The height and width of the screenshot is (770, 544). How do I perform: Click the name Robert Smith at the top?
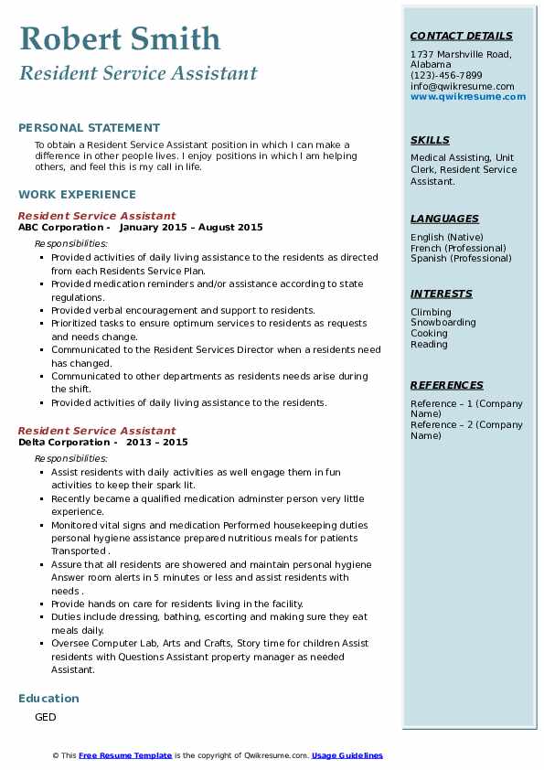click(120, 38)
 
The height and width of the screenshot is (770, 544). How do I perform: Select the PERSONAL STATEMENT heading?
click(89, 128)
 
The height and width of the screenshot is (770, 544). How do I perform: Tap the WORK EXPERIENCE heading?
click(77, 195)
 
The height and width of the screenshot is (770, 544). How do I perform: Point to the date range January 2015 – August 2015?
click(190, 228)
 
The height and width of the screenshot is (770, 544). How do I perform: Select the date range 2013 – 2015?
click(156, 442)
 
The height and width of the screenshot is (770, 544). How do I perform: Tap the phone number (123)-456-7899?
click(446, 76)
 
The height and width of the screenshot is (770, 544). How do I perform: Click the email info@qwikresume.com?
click(463, 86)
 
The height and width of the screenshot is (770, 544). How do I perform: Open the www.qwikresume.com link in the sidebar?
click(468, 97)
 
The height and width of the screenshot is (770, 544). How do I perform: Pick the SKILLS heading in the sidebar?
click(430, 141)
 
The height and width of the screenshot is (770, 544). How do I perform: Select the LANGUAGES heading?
click(444, 219)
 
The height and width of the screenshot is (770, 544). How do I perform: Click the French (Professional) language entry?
click(458, 248)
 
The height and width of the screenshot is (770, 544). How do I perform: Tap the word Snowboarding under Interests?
click(443, 323)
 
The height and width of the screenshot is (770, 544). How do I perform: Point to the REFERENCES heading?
click(446, 386)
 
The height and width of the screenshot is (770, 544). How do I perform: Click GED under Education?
click(45, 718)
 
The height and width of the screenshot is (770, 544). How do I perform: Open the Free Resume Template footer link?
click(125, 755)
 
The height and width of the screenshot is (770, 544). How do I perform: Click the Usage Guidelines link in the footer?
click(347, 755)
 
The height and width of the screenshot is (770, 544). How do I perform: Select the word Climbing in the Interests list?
click(431, 312)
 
